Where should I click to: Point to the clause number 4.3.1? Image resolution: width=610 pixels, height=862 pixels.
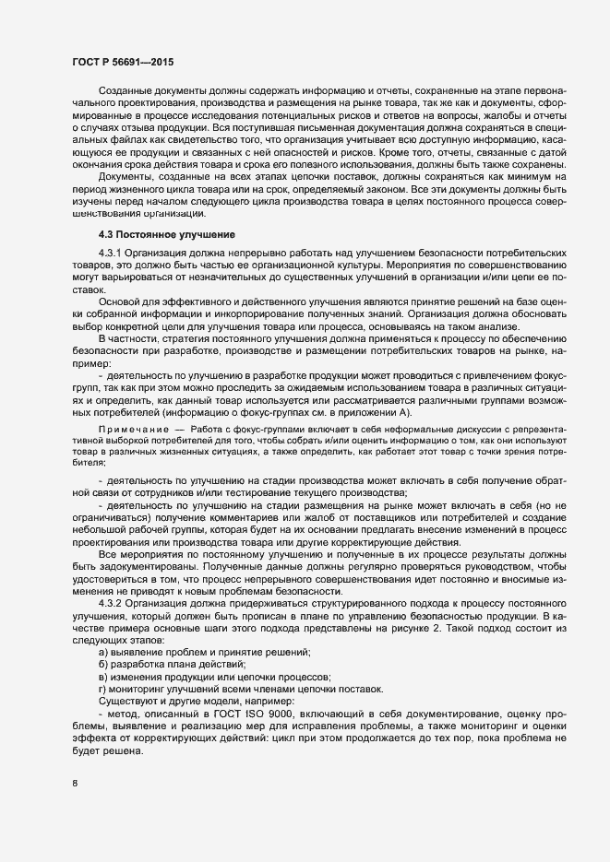point(109,252)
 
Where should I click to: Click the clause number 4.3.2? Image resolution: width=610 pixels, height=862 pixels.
point(109,603)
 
